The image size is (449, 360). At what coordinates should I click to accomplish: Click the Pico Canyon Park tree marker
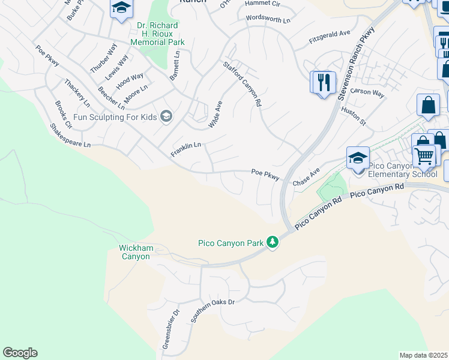pyautogui.click(x=273, y=242)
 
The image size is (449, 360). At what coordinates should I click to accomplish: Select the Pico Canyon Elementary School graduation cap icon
pyautogui.click(x=358, y=158)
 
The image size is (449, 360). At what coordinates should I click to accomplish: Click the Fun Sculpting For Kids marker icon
pyautogui.click(x=166, y=116)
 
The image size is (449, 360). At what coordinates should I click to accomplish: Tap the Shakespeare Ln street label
pyautogui.click(x=70, y=136)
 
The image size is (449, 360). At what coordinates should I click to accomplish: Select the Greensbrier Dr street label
pyautogui.click(x=170, y=329)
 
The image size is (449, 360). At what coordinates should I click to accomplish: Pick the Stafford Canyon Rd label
pyautogui.click(x=243, y=84)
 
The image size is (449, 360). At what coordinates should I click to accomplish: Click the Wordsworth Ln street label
pyautogui.click(x=268, y=19)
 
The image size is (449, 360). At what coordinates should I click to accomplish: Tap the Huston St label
pyautogui.click(x=353, y=116)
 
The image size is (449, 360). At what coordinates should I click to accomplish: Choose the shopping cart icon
pyautogui.click(x=425, y=157)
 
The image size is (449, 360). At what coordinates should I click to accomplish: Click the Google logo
pyautogui.click(x=20, y=353)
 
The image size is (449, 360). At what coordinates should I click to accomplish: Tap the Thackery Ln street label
pyautogui.click(x=77, y=93)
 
